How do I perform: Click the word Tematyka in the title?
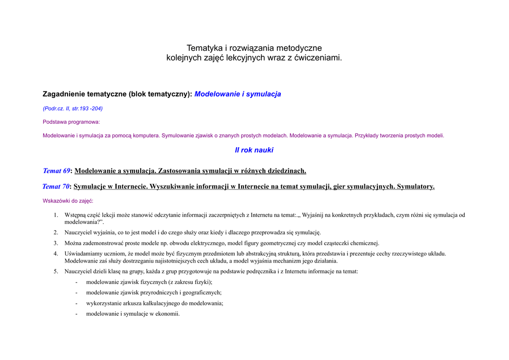pos(204,48)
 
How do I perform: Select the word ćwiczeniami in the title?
pos(318,58)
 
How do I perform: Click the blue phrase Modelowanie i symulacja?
pos(238,94)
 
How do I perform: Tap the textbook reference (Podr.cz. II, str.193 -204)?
pos(73,108)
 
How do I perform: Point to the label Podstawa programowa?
pos(71,122)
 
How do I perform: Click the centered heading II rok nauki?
pos(254,150)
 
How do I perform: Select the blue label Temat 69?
pos(57,171)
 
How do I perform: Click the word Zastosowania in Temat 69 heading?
pos(179,171)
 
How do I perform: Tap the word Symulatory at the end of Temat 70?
pos(416,186)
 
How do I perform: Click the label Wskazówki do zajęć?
pos(68,201)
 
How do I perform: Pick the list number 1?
pos(56,215)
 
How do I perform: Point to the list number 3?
pos(56,243)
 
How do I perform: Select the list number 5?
pos(56,271)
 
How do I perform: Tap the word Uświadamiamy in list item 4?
pos(84,254)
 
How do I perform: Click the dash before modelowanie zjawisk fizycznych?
pos(76,282)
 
